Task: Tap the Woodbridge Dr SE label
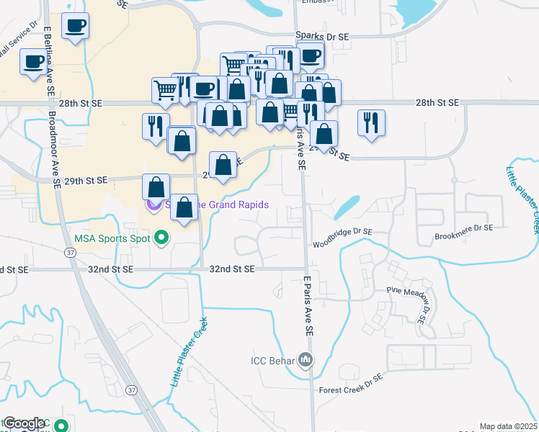pos(342,232)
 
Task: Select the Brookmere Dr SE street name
pos(463,227)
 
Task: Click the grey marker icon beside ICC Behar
pos(307,359)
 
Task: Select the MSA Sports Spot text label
pos(112,237)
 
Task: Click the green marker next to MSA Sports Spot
pos(162,237)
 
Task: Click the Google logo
pos(24,423)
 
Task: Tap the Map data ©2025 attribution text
pos(509,426)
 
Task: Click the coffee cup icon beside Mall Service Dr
pos(32,61)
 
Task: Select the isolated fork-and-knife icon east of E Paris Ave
pos(371,122)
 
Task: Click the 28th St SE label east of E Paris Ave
pos(437,104)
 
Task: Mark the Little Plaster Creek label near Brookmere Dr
pos(522,199)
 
